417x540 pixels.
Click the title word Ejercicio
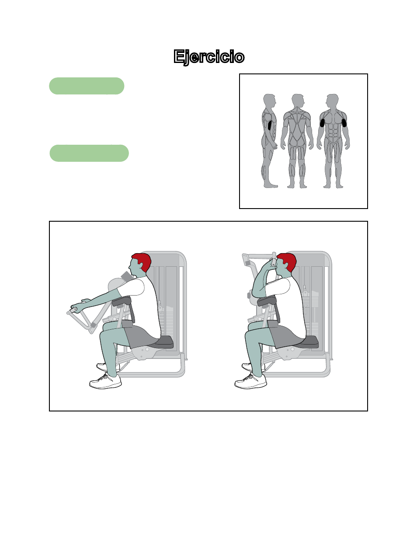(209, 57)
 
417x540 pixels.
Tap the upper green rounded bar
(87, 86)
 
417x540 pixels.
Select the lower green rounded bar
(89, 153)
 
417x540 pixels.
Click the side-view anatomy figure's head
(269, 101)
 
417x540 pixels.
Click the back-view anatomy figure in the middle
(297, 141)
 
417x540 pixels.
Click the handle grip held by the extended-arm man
(74, 310)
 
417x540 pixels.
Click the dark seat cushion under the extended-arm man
(162, 342)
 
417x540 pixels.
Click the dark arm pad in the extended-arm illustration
(121, 301)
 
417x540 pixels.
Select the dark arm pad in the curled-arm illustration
(267, 301)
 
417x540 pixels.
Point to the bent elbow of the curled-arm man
(256, 293)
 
